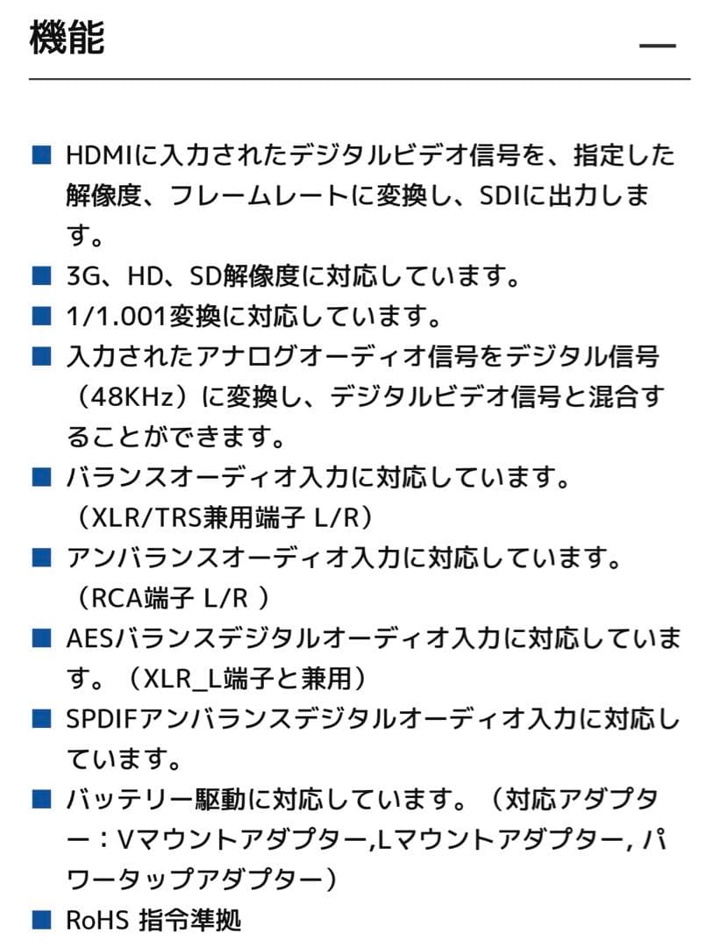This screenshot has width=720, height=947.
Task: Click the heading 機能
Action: [68, 39]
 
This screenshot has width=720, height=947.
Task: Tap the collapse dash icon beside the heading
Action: [657, 46]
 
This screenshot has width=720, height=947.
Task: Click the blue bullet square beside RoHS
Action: [42, 920]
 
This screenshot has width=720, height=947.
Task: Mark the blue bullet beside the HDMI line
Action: [42, 157]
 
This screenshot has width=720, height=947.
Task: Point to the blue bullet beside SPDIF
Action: [42, 719]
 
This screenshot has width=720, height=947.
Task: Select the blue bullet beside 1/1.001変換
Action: [42, 317]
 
